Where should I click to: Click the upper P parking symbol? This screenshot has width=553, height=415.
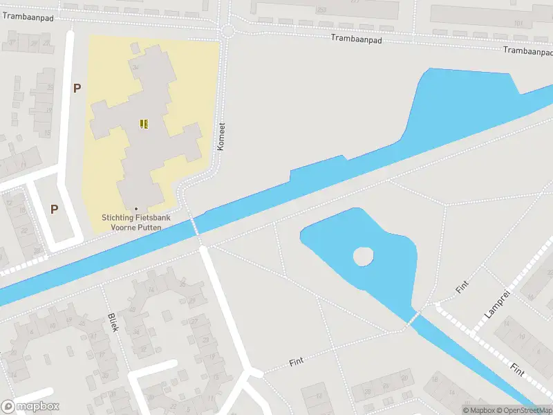[x=77, y=88]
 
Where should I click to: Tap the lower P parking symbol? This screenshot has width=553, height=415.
[x=53, y=208]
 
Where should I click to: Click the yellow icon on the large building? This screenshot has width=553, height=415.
[x=144, y=124]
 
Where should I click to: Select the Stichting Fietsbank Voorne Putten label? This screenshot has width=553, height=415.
[x=136, y=222]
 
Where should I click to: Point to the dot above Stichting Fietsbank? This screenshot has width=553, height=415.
[x=136, y=209]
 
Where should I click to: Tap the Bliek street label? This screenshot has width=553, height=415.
[x=113, y=322]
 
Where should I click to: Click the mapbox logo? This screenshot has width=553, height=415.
[x=30, y=407]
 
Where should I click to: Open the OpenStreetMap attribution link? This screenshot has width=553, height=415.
[x=523, y=410]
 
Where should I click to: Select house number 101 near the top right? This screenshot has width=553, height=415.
[x=518, y=23]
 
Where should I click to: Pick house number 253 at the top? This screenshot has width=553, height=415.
[x=321, y=10]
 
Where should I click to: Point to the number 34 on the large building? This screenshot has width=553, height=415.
[x=135, y=67]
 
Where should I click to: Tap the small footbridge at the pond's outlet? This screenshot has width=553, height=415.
[x=415, y=318]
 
